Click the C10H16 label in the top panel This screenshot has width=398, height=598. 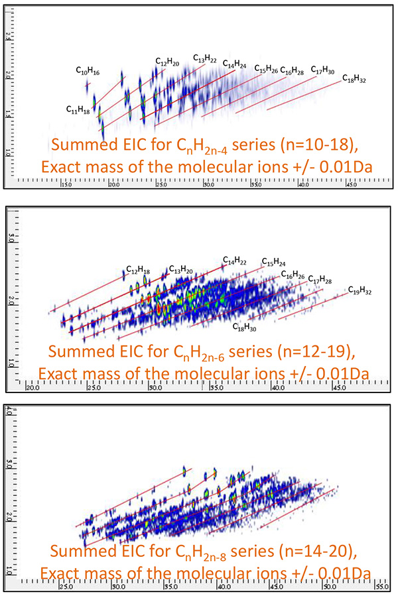click(88, 70)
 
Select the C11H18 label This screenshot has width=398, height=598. click(78, 109)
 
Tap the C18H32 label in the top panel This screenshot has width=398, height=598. click(354, 78)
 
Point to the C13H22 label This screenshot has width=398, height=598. click(205, 59)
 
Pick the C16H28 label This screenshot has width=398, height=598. click(292, 70)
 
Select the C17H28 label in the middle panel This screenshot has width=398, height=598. click(320, 279)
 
